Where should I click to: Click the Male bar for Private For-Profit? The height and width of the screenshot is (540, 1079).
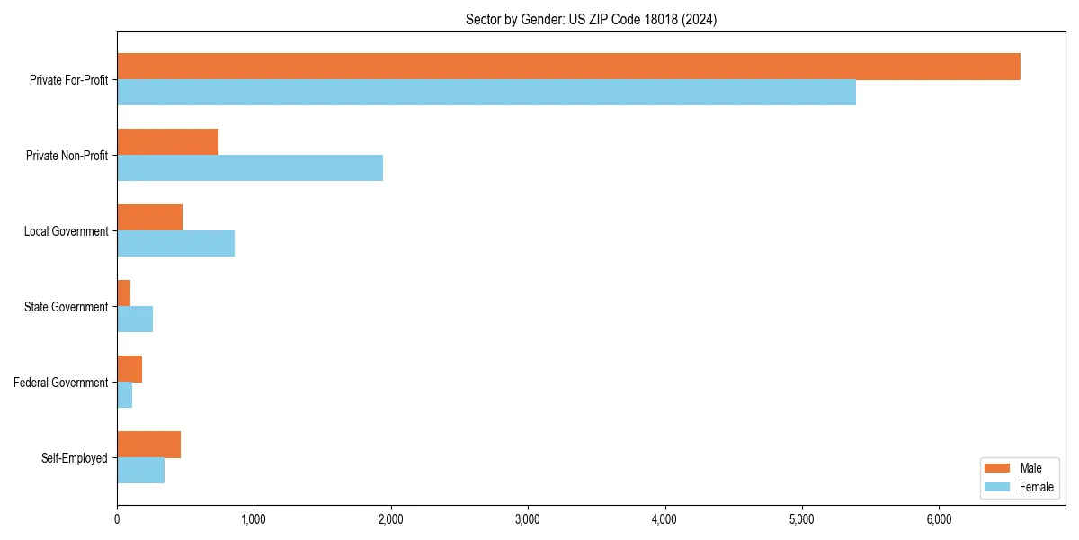(x=568, y=67)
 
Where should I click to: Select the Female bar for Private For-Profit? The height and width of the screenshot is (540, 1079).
(x=486, y=93)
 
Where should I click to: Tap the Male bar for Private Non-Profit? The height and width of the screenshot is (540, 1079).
(x=168, y=142)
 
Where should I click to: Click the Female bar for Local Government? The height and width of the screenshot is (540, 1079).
(x=176, y=244)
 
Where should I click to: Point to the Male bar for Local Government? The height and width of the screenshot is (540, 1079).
(x=150, y=218)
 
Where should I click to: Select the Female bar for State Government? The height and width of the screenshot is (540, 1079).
(x=135, y=319)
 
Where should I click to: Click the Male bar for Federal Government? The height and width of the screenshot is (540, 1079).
(x=129, y=369)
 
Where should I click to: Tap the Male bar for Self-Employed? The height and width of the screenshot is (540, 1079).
(x=149, y=445)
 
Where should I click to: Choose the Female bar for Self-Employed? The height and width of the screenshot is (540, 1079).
(x=141, y=471)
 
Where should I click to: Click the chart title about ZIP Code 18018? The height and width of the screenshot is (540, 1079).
(x=591, y=19)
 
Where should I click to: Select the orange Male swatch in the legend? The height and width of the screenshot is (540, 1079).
(x=998, y=468)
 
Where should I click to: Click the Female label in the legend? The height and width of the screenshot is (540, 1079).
(x=1036, y=487)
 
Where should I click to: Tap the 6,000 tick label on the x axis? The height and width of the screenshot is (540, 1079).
(x=939, y=519)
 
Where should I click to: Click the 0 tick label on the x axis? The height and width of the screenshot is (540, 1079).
(x=117, y=519)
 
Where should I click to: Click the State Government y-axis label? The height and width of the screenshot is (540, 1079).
(x=66, y=307)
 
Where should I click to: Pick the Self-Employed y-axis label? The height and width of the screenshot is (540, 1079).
(x=74, y=458)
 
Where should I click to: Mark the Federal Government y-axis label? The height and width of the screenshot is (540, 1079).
(x=61, y=382)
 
